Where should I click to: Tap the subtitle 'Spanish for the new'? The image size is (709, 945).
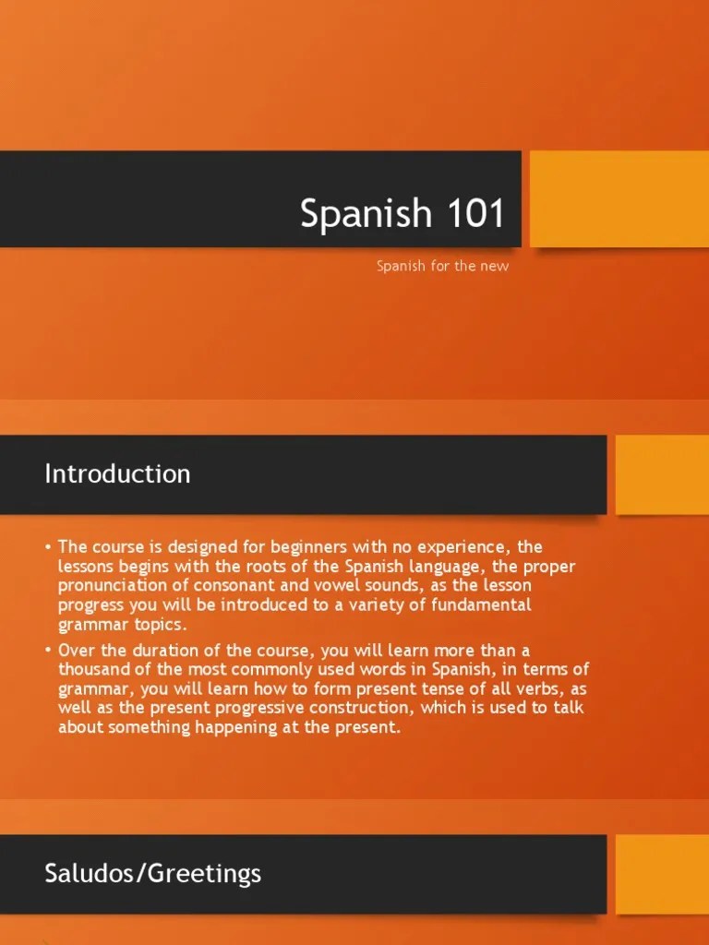point(442,267)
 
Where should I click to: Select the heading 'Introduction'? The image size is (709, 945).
point(117,474)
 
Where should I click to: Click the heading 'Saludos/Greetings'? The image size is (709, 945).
point(152,873)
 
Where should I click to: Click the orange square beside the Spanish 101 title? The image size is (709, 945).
point(619,199)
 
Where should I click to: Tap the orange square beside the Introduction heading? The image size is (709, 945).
point(661,474)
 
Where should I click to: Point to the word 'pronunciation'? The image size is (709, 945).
point(114,585)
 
